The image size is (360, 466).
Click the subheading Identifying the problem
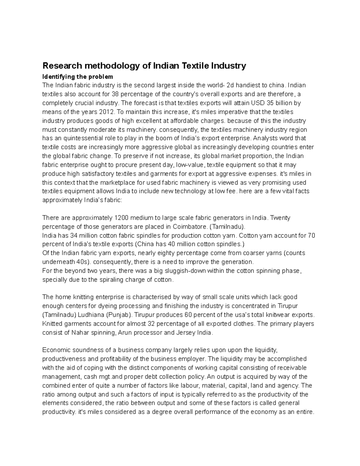tap(78, 77)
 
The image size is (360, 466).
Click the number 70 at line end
tap(311, 235)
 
